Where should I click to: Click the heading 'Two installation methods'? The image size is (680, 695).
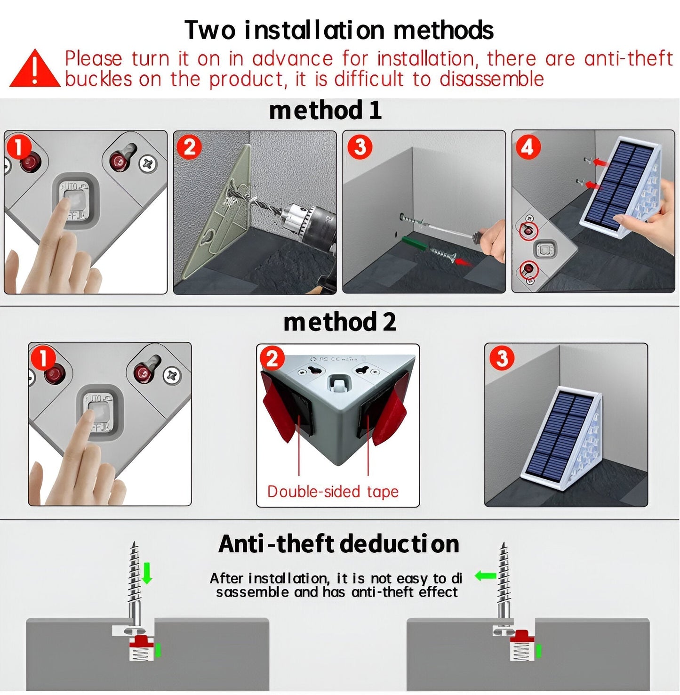tap(339, 30)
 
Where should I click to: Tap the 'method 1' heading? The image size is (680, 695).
tap(325, 110)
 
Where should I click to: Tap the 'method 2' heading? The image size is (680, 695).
tap(339, 322)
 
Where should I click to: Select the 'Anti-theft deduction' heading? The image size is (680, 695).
tap(339, 544)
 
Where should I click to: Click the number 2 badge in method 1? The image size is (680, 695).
tap(189, 147)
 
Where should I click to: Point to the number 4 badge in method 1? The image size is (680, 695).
tap(528, 147)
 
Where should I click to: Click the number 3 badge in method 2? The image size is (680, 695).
tap(502, 359)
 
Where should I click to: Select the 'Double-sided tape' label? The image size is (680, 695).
tap(333, 492)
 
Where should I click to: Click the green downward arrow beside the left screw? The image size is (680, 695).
tap(147, 573)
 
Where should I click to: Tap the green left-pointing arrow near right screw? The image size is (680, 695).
tap(485, 575)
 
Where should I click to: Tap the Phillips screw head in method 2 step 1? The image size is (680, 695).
tap(170, 375)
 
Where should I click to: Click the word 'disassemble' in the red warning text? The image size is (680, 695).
tap(492, 79)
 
